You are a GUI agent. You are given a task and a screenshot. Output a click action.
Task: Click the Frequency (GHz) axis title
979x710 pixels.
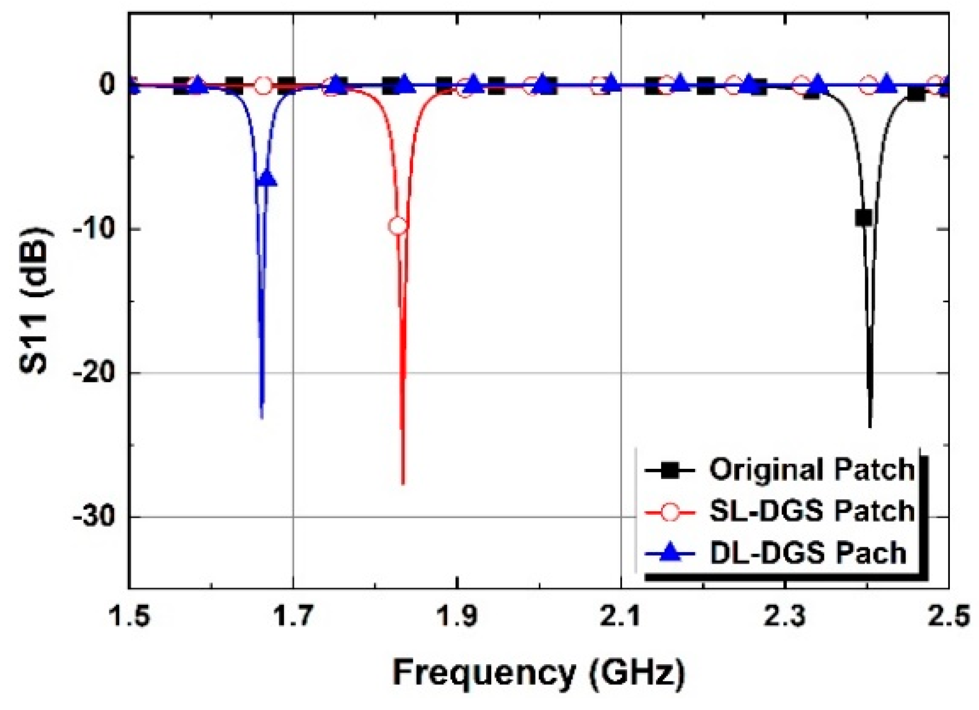pyautogui.click(x=539, y=674)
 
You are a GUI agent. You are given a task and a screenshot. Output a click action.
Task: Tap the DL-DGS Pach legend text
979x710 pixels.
pyautogui.click(x=808, y=553)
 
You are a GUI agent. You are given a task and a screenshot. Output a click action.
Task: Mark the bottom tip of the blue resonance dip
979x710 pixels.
pyautogui.click(x=262, y=417)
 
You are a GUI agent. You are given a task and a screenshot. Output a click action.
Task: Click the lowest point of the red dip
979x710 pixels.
pyautogui.click(x=403, y=483)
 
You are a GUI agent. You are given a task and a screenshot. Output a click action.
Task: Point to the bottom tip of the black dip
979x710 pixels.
pyautogui.click(x=870, y=426)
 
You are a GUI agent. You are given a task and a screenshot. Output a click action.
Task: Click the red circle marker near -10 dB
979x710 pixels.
pyautogui.click(x=398, y=226)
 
